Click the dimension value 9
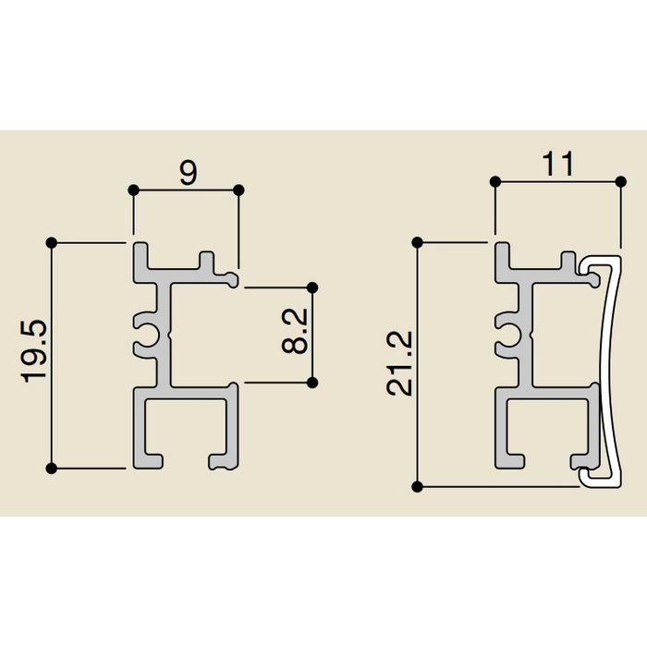pyautogui.click(x=189, y=173)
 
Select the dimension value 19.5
pyautogui.click(x=35, y=351)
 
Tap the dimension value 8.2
pyautogui.click(x=295, y=331)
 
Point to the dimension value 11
pyautogui.click(x=558, y=164)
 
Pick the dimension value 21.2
pyautogui.click(x=399, y=363)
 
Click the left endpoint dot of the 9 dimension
pyautogui.click(x=133, y=190)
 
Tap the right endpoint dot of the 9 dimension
pyautogui.click(x=238, y=190)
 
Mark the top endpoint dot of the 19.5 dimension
pyautogui.click(x=51, y=243)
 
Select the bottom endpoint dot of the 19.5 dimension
pyautogui.click(x=51, y=469)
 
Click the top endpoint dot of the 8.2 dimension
pyautogui.click(x=312, y=287)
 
